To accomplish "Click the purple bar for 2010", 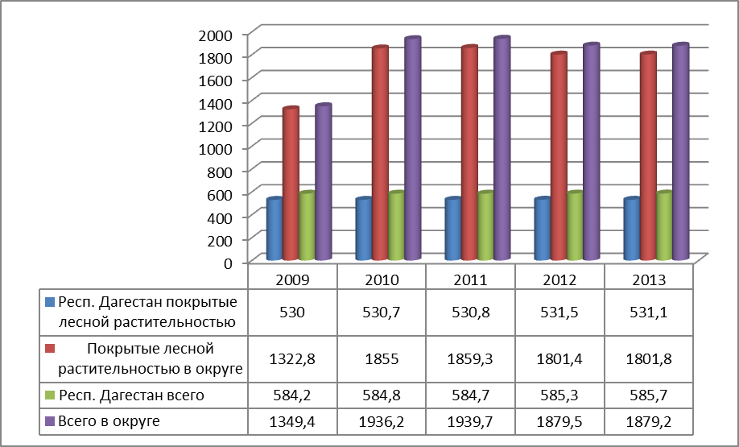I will pyautogui.click(x=413, y=149).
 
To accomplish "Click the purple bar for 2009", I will pyautogui.click(x=324, y=183).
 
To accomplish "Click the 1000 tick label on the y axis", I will pyautogui.click(x=221, y=148).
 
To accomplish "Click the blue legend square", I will pyautogui.click(x=50, y=304).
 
